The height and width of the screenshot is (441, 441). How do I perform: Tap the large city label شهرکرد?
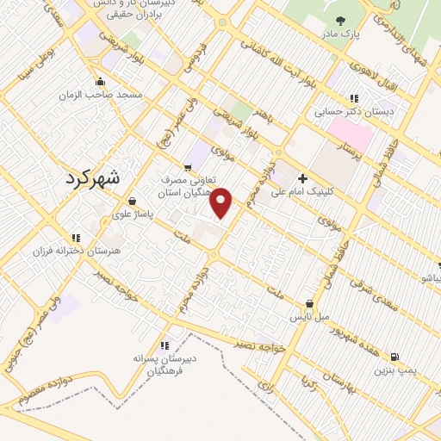point(94,179)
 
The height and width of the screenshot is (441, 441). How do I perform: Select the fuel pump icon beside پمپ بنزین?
point(394,357)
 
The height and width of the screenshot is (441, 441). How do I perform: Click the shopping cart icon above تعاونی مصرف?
point(188,167)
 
